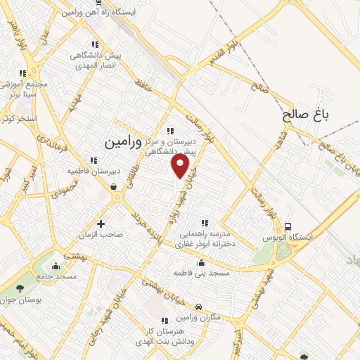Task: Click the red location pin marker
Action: click(x=181, y=166)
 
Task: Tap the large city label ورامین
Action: click(x=125, y=141)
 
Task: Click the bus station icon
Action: click(x=288, y=226)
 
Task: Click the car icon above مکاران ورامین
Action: click(x=200, y=307)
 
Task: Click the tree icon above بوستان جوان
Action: click(x=20, y=287)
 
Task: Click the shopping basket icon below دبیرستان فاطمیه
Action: click(x=114, y=186)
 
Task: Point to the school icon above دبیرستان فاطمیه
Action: click(x=94, y=160)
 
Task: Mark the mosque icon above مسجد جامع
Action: click(x=57, y=266)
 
